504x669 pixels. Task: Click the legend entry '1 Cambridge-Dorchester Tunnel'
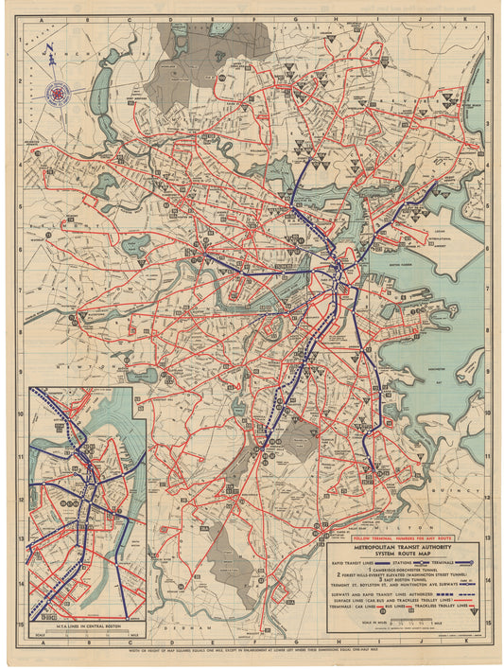click(394, 569)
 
